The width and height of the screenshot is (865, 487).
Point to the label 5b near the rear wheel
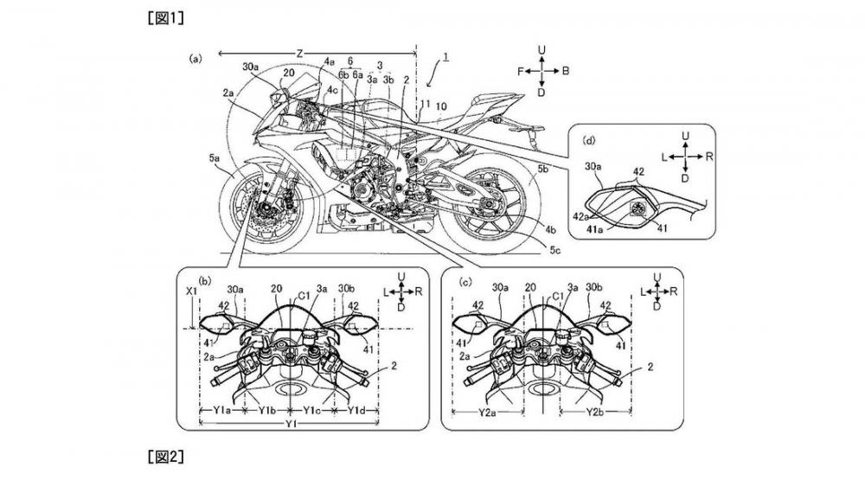click(542, 170)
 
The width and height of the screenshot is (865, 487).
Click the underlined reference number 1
click(446, 57)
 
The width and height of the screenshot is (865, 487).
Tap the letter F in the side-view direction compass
click(520, 73)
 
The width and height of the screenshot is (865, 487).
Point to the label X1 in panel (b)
click(193, 293)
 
